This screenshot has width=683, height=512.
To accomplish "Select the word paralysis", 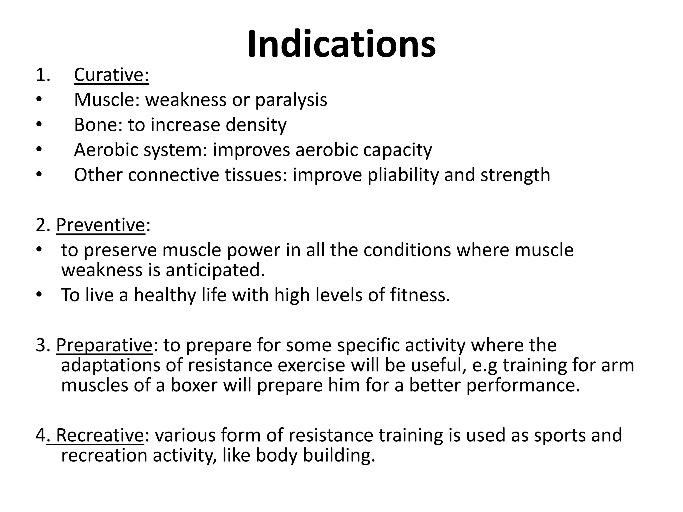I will point(291,100).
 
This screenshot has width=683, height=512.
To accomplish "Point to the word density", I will point(256,125).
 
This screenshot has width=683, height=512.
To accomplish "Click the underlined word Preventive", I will point(100,225).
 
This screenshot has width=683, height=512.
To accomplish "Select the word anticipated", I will point(215,270).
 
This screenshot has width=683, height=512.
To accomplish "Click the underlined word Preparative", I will point(104,345).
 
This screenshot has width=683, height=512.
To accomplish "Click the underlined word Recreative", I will point(99,435).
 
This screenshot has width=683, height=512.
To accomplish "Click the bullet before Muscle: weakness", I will point(39,100).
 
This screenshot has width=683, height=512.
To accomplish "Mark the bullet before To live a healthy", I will point(39,295).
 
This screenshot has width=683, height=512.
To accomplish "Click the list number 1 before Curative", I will point(42,75).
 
